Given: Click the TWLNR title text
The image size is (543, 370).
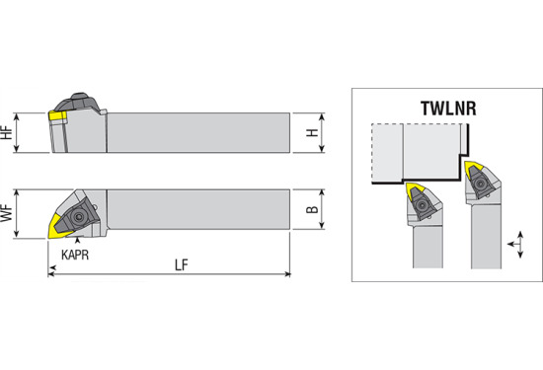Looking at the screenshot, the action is [x=448, y=109].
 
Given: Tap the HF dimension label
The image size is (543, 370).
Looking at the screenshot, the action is [x=7, y=132].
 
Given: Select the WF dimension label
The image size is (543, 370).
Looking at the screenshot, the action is [x=7, y=212].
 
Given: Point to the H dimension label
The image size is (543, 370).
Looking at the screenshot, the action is [x=312, y=132].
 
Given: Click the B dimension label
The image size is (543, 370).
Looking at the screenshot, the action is [x=312, y=209].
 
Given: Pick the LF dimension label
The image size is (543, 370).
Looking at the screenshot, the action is [x=181, y=265].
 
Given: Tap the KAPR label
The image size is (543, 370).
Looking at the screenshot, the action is [x=75, y=255].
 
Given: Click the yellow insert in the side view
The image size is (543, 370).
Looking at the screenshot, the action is [x=57, y=116].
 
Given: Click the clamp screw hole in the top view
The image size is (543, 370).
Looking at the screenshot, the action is [x=79, y=217].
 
